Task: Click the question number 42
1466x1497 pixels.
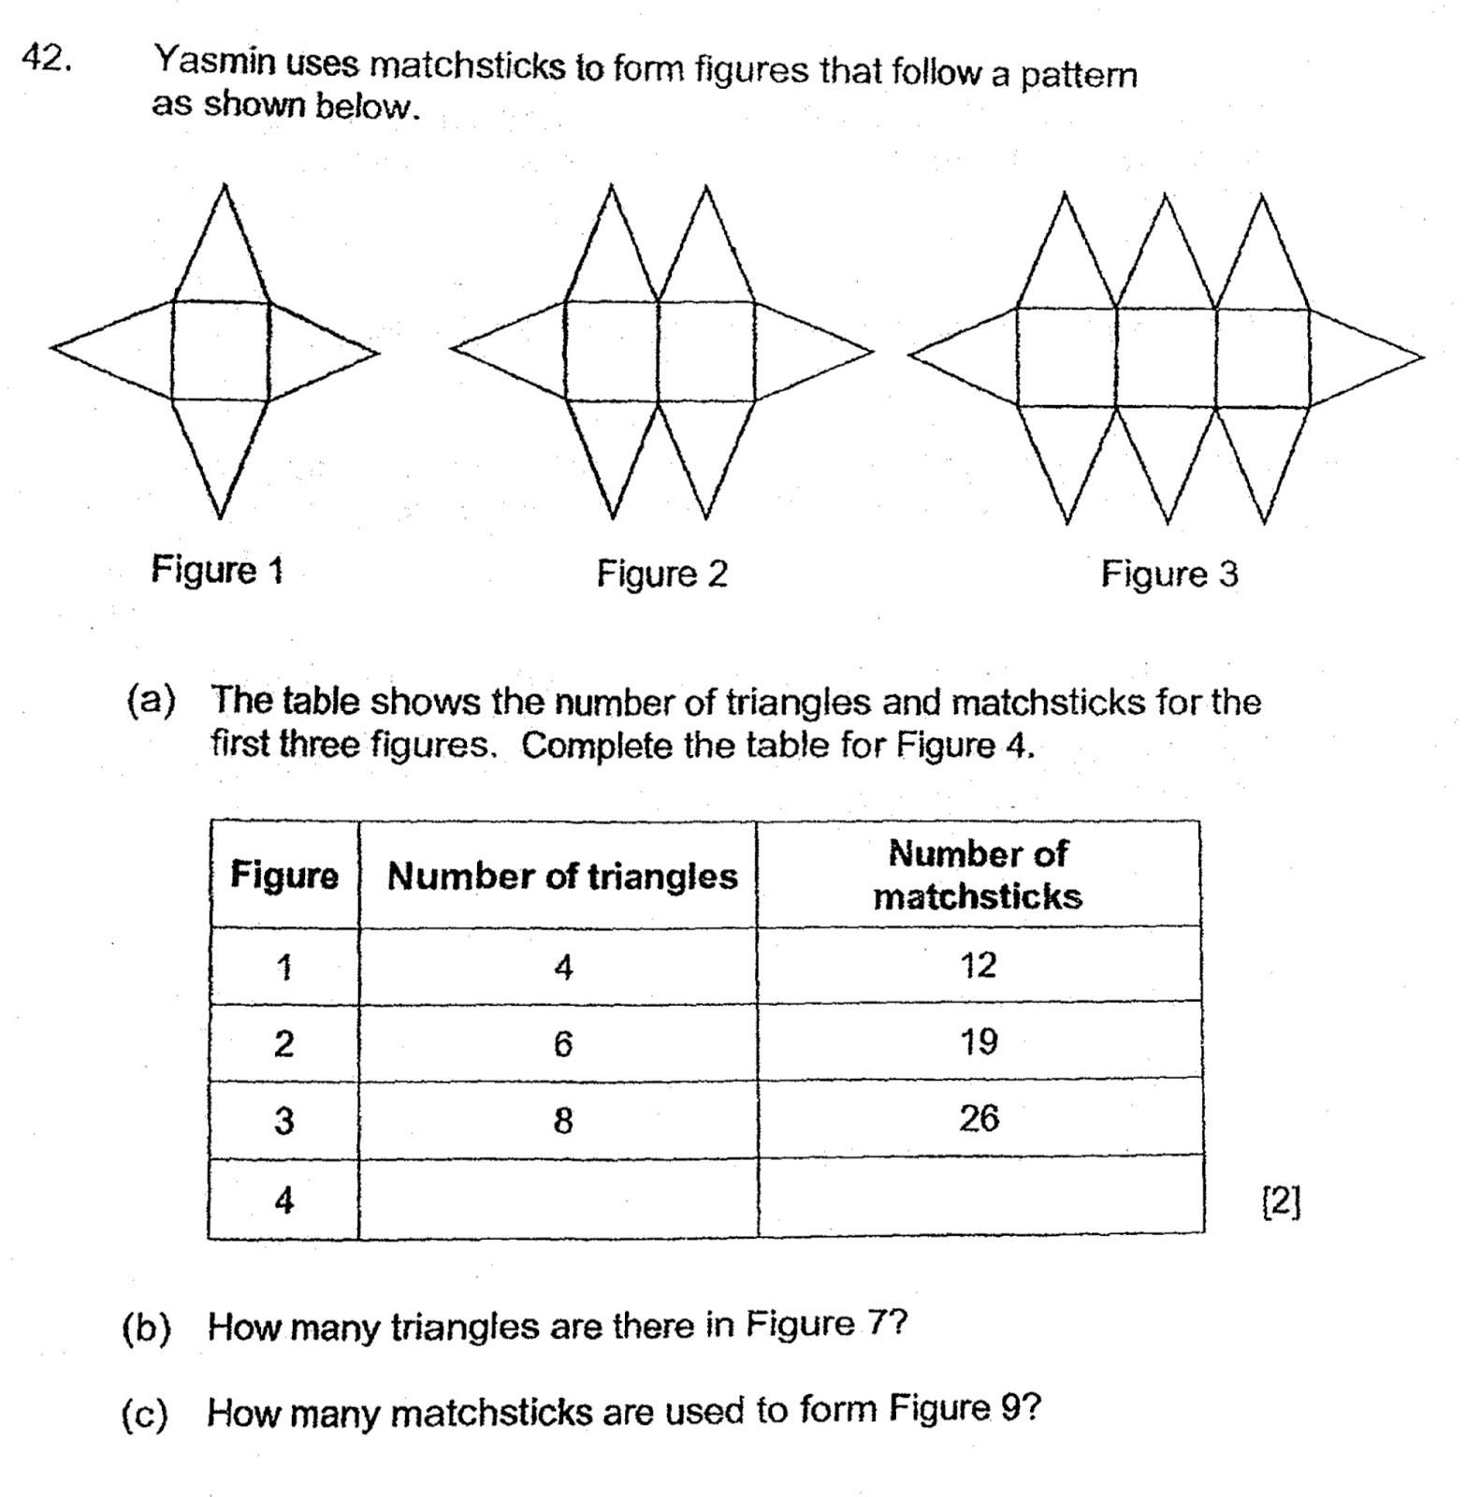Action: (x=45, y=59)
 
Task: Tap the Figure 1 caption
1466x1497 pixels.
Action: (x=217, y=570)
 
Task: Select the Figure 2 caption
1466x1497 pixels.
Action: (x=661, y=574)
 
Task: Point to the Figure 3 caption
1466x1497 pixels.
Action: (x=1168, y=574)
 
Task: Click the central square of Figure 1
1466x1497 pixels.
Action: (x=221, y=351)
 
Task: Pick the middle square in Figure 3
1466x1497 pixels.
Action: (x=1166, y=357)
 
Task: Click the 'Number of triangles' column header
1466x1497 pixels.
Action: (x=561, y=876)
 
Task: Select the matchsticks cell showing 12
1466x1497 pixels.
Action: (x=979, y=966)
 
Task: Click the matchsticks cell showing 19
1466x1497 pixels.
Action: (x=979, y=1041)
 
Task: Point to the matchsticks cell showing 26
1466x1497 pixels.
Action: (x=979, y=1118)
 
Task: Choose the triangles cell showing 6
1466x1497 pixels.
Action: (x=562, y=1043)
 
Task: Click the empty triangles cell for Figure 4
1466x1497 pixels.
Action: (x=559, y=1199)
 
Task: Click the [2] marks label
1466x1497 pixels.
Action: (x=1281, y=1201)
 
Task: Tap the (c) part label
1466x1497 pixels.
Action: (x=145, y=1413)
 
